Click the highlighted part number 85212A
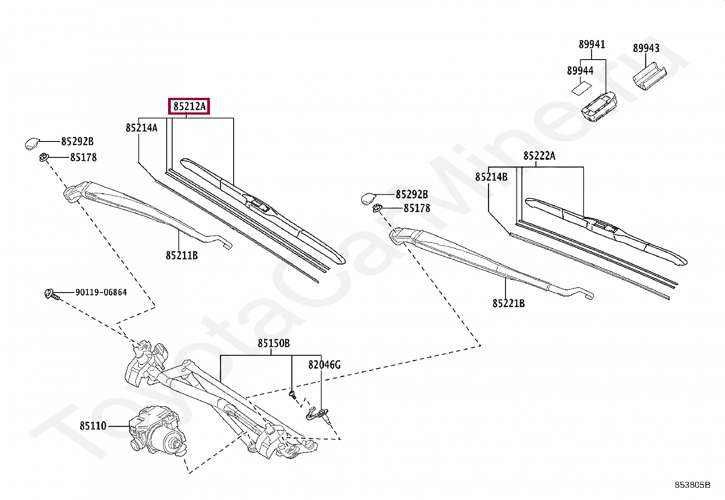pyautogui.click(x=189, y=107)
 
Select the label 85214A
pyautogui.click(x=142, y=128)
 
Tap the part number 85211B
pyautogui.click(x=182, y=256)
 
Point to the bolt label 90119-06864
pyautogui.click(x=101, y=293)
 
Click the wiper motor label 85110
pyautogui.click(x=93, y=426)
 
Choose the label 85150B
pyautogui.click(x=273, y=343)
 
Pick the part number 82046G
pyautogui.click(x=324, y=364)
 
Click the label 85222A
pyautogui.click(x=539, y=156)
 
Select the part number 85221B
pyautogui.click(x=508, y=303)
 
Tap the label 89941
pyautogui.click(x=592, y=45)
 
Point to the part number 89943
pyautogui.click(x=646, y=48)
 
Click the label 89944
pyautogui.click(x=580, y=71)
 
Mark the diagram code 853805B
pyautogui.click(x=692, y=485)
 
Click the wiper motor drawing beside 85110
pyautogui.click(x=157, y=431)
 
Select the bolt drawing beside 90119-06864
pyautogui.click(x=51, y=294)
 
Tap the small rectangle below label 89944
pyautogui.click(x=581, y=87)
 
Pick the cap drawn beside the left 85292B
pyautogui.click(x=32, y=143)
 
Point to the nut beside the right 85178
pyautogui.click(x=377, y=208)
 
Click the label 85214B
pyautogui.click(x=491, y=177)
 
